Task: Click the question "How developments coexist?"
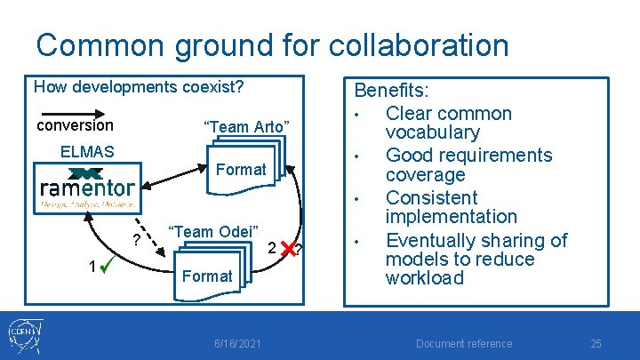pyautogui.click(x=138, y=88)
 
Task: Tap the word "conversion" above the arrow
pyautogui.click(x=75, y=125)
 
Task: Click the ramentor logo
pyautogui.click(x=87, y=188)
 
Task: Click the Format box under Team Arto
pyautogui.click(x=241, y=169)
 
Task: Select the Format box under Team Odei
pyautogui.click(x=206, y=276)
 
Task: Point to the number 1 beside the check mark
pyautogui.click(x=92, y=267)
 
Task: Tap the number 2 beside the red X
pyautogui.click(x=271, y=248)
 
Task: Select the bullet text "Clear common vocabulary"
pyautogui.click(x=448, y=123)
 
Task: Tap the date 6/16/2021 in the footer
pyautogui.click(x=238, y=344)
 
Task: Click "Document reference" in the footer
pyautogui.click(x=464, y=344)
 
